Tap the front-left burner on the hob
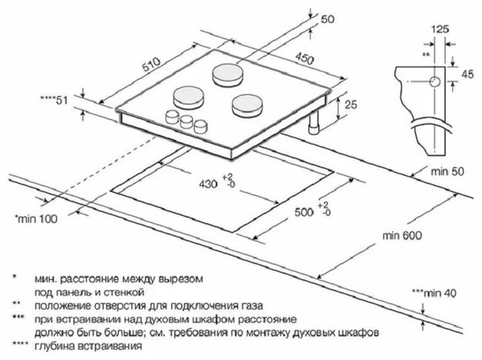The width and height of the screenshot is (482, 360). coord(189,97)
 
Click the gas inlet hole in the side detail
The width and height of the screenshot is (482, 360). coord(434,82)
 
